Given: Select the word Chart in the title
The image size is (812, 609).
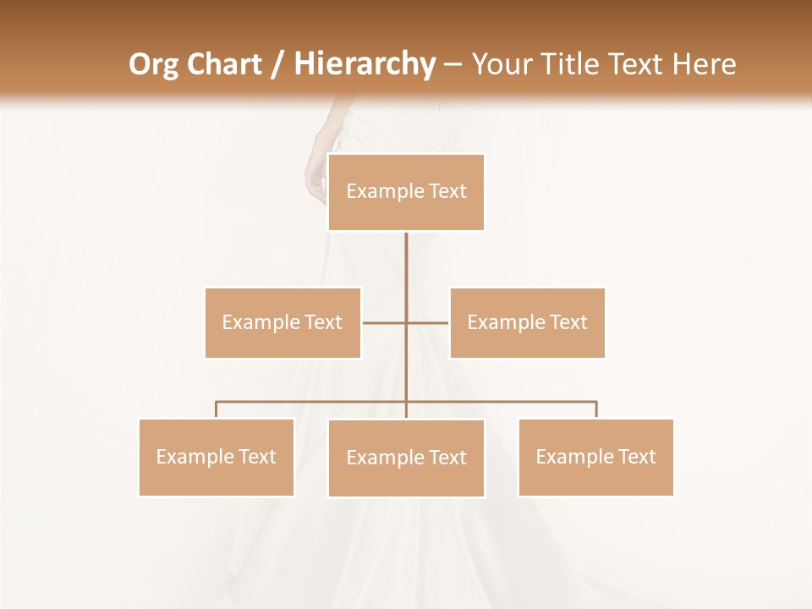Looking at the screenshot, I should pos(222,64).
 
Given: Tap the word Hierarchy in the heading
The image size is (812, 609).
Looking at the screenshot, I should pos(364,64).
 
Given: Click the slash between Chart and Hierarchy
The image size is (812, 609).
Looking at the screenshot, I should pos(277,64).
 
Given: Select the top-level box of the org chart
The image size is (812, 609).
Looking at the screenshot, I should pos(406,192).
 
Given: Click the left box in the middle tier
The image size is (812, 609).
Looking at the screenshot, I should pos(283,322).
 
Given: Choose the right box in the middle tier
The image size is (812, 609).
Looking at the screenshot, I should pos(527,322).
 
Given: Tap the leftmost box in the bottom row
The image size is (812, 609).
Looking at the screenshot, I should pos(217,457).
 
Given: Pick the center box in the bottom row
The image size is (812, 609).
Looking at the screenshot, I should pos(406,458).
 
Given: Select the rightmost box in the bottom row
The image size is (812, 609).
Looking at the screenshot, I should pos(595,457).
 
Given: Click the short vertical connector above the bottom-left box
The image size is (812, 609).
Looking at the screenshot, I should pos(217,409).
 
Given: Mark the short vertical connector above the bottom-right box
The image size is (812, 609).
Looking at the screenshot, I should pos(595,409).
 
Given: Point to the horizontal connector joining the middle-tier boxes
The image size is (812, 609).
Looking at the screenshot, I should pos(385,322).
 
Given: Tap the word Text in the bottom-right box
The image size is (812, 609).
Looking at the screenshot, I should pos(637,457).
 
